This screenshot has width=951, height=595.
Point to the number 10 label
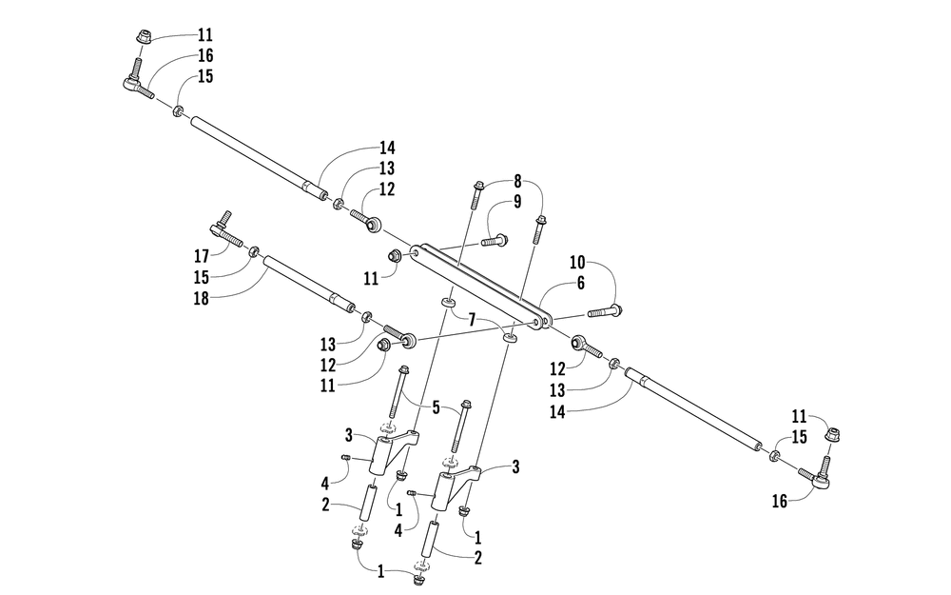pos(579,262)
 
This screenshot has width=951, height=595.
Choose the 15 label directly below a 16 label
pos(205,76)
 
